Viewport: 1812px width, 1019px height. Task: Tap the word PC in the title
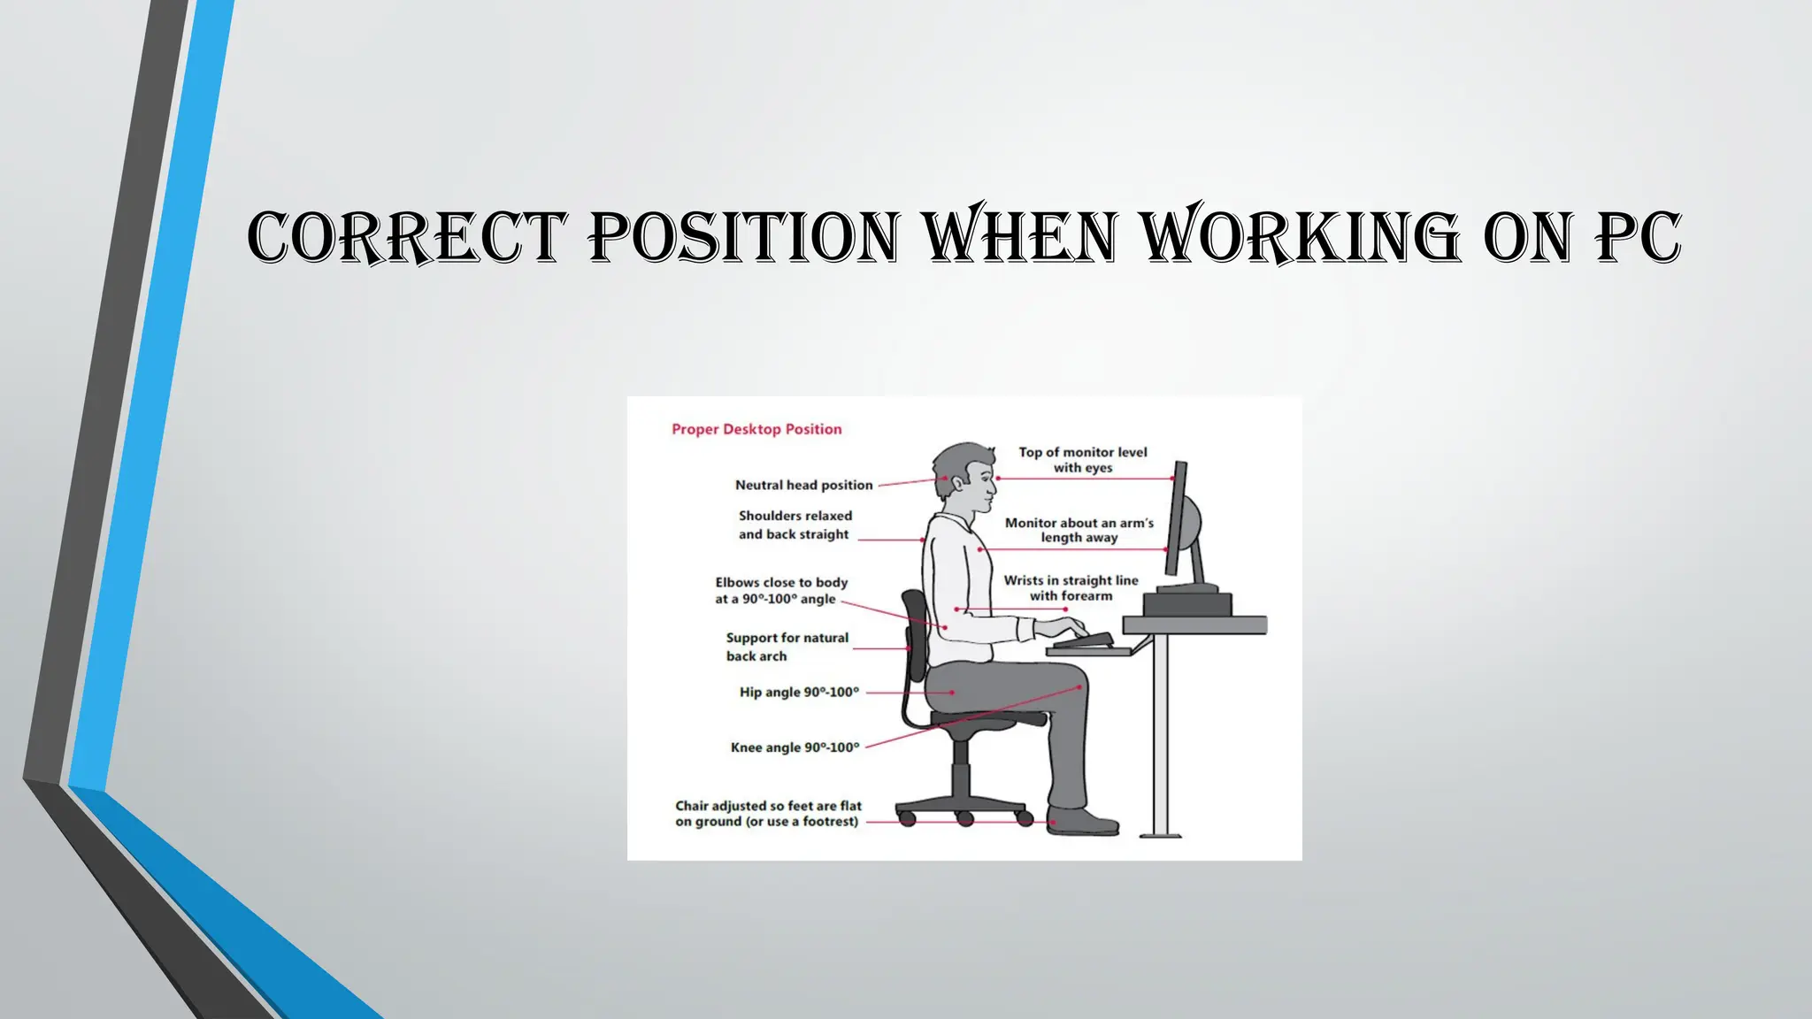click(1638, 237)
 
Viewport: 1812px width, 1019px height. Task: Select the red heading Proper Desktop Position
click(756, 430)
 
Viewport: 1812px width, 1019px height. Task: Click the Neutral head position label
click(803, 485)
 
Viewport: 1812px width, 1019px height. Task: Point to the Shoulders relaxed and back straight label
click(795, 525)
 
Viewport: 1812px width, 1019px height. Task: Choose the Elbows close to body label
click(780, 591)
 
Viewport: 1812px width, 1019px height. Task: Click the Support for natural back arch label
click(786, 647)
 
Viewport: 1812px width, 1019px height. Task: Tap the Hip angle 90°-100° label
click(799, 692)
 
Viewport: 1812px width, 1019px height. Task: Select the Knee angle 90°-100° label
click(795, 747)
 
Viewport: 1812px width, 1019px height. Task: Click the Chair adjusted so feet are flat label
click(767, 814)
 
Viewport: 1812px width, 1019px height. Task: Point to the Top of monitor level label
click(1082, 460)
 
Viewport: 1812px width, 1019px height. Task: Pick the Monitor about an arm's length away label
click(1079, 530)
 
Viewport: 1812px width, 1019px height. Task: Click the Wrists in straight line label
click(1071, 588)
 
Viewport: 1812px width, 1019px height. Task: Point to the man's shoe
click(1081, 822)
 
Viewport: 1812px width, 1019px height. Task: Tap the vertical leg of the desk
click(1160, 734)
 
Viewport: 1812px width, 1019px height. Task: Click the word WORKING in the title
click(1299, 237)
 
